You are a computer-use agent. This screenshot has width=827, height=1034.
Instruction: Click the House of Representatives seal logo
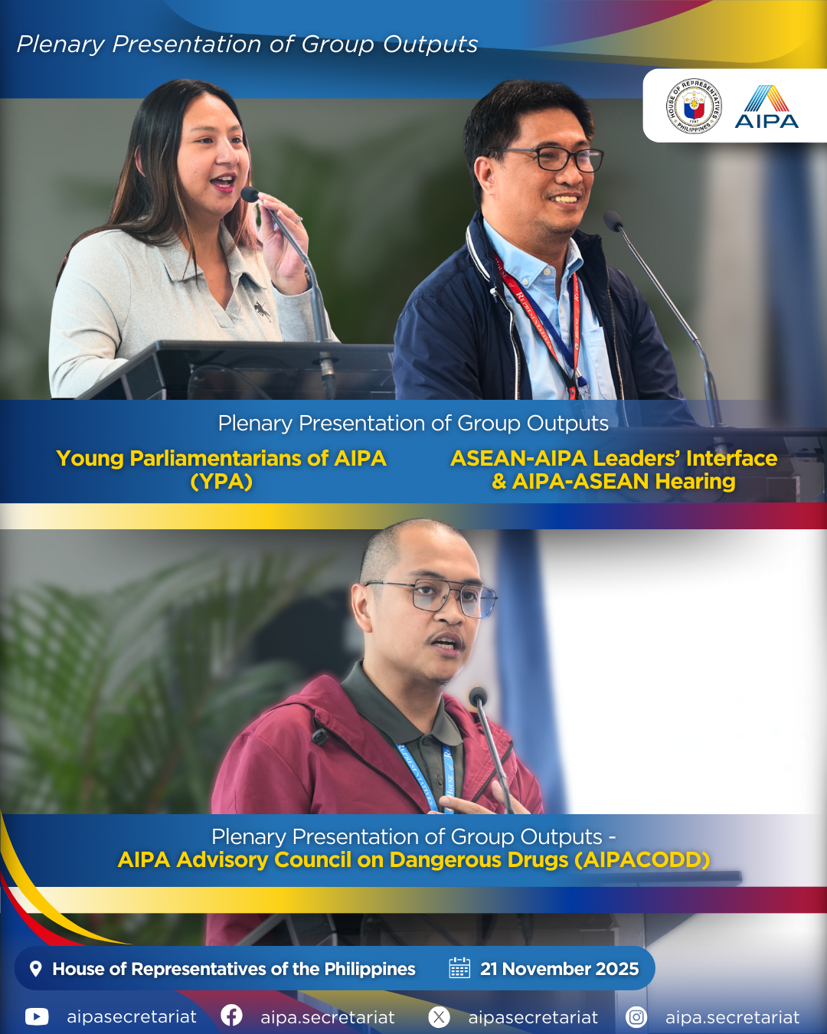tap(694, 106)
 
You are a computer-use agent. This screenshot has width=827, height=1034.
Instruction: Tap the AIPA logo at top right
tap(767, 106)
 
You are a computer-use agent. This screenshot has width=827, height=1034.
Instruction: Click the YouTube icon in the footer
tap(37, 1017)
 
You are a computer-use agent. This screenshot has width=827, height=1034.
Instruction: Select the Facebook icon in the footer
tap(231, 1016)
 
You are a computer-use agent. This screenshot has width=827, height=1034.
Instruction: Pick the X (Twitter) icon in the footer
tap(439, 1017)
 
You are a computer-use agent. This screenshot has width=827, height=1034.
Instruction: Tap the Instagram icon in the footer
tap(636, 1017)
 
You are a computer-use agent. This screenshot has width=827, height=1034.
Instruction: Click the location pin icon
tap(35, 969)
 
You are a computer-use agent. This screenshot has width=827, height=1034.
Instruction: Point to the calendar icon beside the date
tap(459, 968)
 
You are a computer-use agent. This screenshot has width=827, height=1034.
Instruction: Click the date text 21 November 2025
tap(559, 969)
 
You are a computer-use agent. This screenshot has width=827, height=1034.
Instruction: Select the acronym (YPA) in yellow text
tap(221, 482)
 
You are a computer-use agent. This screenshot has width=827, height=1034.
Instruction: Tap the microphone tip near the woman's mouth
tap(250, 195)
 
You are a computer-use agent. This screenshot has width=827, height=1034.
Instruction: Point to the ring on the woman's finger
tap(298, 220)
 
